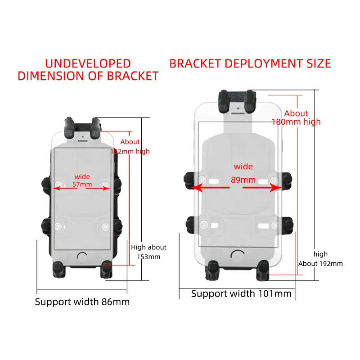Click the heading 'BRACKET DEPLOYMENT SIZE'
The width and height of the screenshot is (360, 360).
pyautogui.click(x=250, y=63)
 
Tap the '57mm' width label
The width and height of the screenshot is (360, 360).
pyautogui.click(x=82, y=184)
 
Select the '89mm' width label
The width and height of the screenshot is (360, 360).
pyautogui.click(x=243, y=180)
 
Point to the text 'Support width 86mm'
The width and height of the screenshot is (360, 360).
pyautogui.click(x=82, y=302)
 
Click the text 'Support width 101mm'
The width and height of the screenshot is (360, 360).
pyautogui.click(x=241, y=294)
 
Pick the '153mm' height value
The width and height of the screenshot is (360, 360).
pyautogui.click(x=148, y=257)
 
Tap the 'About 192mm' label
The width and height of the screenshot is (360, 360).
pyautogui.click(x=320, y=264)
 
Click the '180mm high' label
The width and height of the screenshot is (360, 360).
pyautogui.click(x=296, y=122)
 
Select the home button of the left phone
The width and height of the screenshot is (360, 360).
pyautogui.click(x=82, y=256)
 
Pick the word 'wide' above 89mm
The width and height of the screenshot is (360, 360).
pyautogui.click(x=243, y=166)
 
